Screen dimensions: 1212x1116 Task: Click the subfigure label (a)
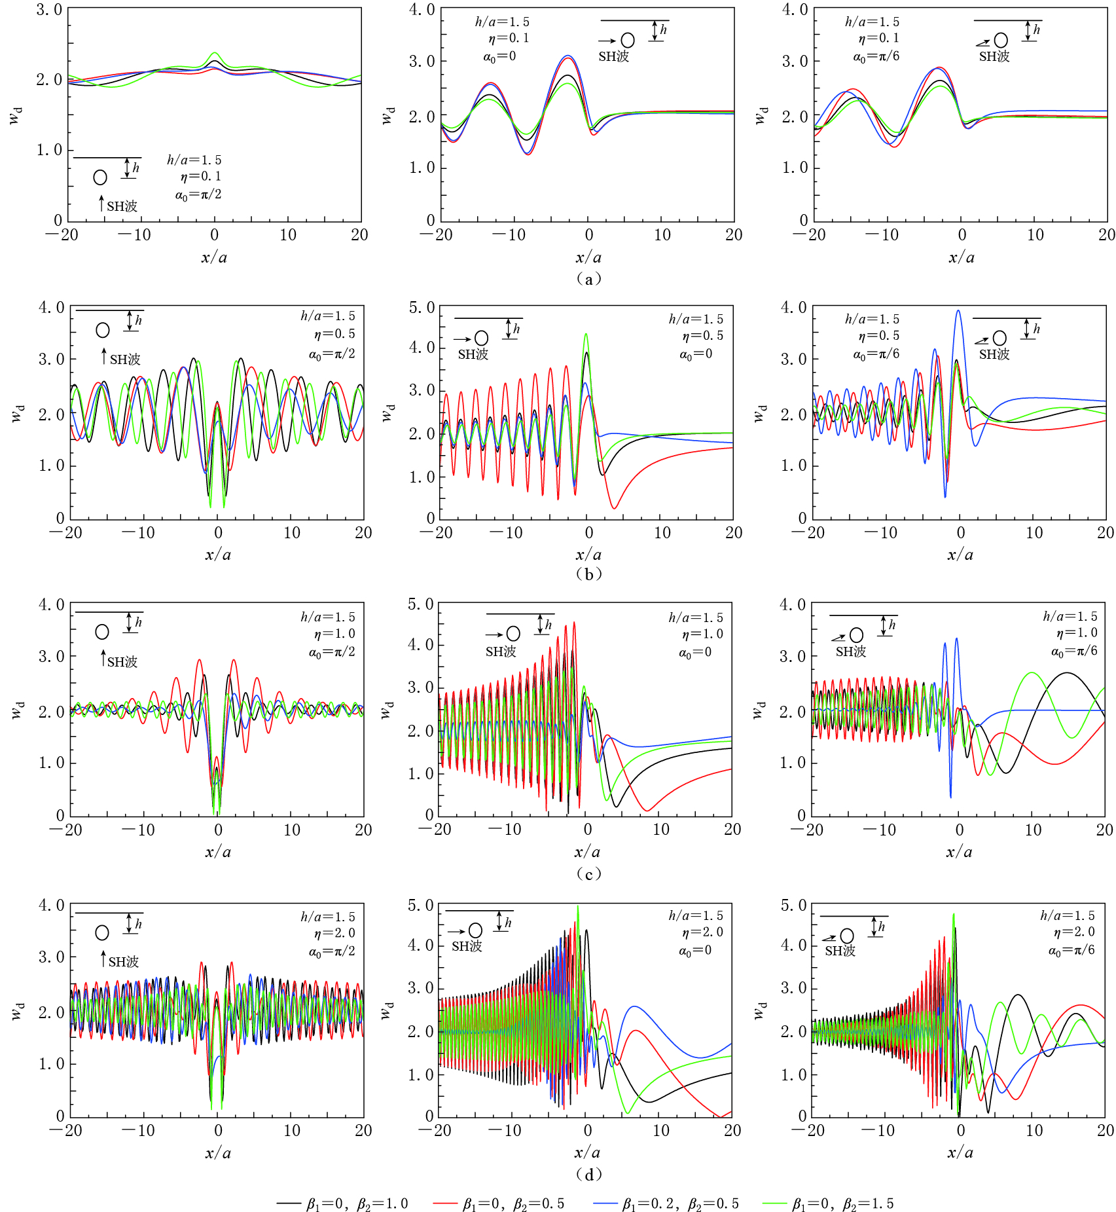tap(588, 279)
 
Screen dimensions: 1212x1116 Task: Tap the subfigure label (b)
tap(588, 574)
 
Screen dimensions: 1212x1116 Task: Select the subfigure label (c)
tap(588, 873)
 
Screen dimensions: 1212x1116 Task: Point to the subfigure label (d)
tap(588, 1174)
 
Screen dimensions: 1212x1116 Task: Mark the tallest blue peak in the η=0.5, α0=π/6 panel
tap(958, 311)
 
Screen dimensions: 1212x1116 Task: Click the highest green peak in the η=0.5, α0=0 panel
tap(586, 335)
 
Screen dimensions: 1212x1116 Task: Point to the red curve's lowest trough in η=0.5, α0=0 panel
tap(614, 507)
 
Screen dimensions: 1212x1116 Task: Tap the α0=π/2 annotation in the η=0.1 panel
tap(198, 194)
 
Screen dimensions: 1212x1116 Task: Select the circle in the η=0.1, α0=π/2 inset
tap(100, 177)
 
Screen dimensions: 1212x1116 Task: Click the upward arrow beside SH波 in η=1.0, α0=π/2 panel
tap(102, 658)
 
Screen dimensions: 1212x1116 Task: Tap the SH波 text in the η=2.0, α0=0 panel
tap(467, 946)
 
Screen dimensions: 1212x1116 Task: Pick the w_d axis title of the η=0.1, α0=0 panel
tap(387, 115)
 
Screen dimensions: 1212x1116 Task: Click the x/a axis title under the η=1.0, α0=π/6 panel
tap(959, 852)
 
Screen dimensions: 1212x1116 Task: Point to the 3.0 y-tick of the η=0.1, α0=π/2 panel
tap(50, 10)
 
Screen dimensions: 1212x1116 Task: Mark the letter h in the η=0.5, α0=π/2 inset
tap(138, 321)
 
